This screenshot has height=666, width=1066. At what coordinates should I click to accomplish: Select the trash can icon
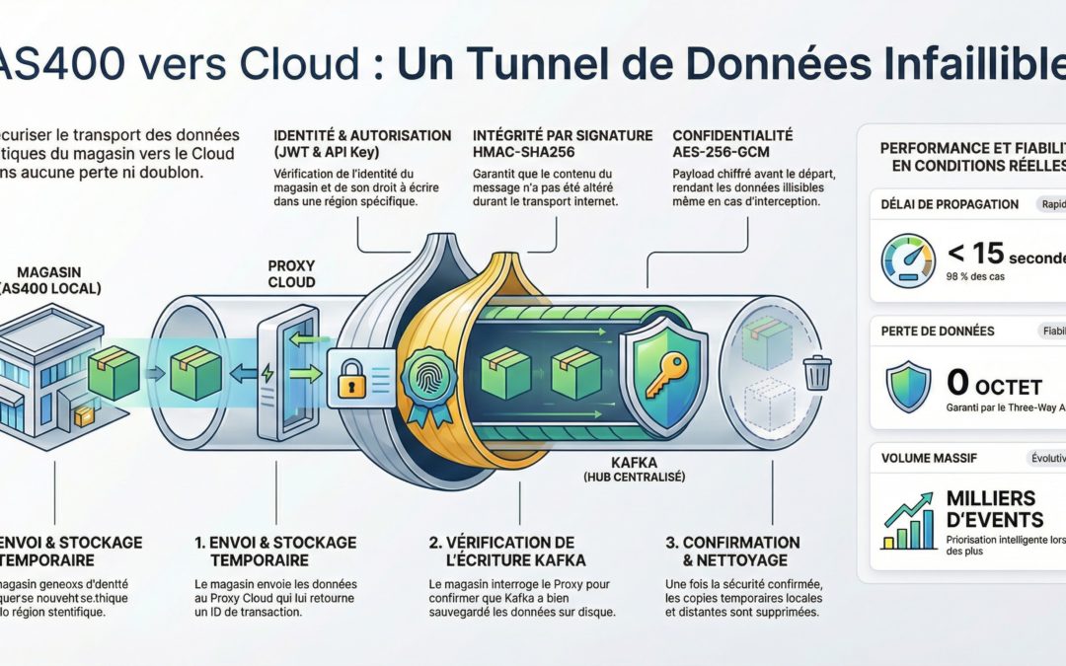[x=817, y=373]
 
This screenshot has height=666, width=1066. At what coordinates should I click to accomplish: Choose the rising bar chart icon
[x=908, y=519]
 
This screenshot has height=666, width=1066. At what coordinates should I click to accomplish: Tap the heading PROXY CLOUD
[x=291, y=273]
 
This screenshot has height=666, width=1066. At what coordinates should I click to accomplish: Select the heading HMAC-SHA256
[x=522, y=152]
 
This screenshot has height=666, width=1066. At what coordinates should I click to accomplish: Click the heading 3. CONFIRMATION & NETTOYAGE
[x=732, y=550]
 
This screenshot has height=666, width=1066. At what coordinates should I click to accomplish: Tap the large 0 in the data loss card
[x=957, y=382]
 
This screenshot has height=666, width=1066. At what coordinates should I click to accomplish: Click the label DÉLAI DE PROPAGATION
[x=950, y=204]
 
